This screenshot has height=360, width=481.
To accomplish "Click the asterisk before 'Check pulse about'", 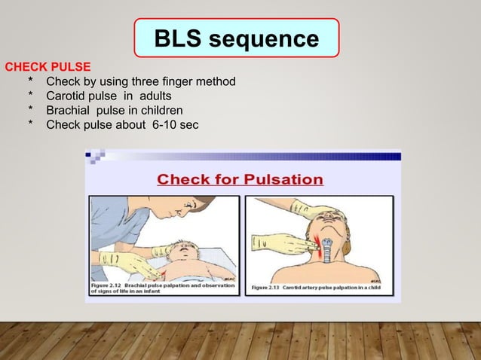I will point(31,124).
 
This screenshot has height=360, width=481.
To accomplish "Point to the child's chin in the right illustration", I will point(326,239).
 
